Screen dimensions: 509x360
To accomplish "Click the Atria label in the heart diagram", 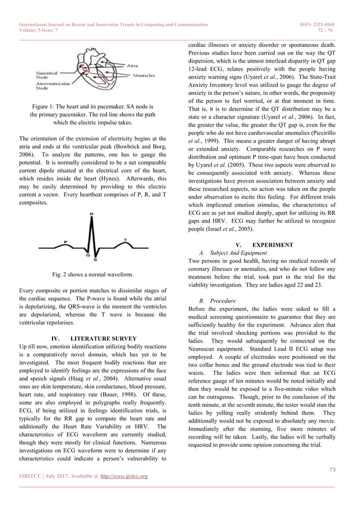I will [x=134, y=67].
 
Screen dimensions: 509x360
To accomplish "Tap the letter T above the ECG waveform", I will [x=125, y=239].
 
